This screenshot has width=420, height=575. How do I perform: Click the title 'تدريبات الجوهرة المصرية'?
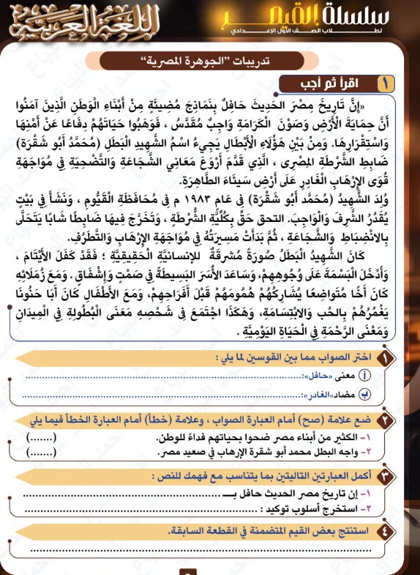211,59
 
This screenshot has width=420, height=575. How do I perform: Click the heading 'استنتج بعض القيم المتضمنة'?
285,532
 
